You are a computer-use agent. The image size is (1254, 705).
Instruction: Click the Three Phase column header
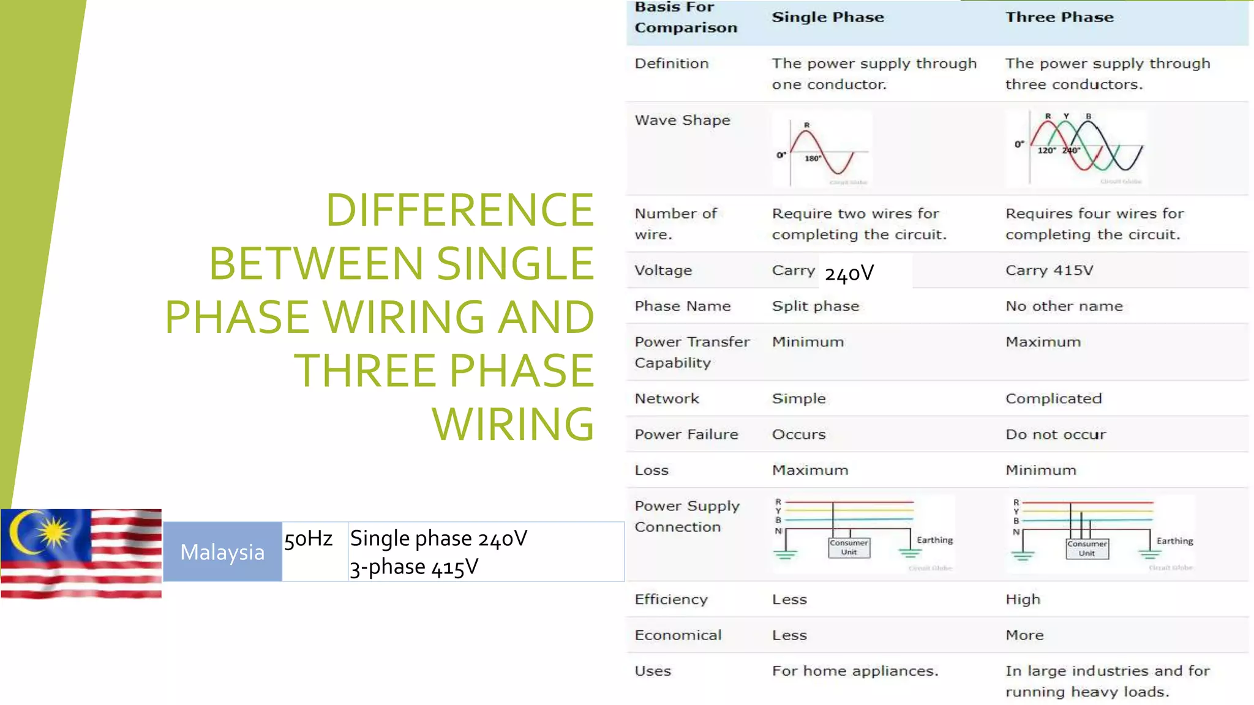[1059, 17]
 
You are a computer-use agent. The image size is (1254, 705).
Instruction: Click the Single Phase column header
[828, 17]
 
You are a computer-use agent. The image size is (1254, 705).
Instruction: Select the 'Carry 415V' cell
[1049, 270]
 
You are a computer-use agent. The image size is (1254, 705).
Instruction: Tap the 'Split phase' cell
[816, 306]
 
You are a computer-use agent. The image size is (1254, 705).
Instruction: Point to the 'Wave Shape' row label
[682, 121]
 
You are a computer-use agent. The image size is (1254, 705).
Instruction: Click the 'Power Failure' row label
[686, 435]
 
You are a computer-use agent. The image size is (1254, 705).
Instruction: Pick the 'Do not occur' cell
[1056, 435]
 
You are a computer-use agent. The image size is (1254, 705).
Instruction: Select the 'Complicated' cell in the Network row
[1053, 399]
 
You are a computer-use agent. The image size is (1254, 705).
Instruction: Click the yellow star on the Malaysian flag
[54, 531]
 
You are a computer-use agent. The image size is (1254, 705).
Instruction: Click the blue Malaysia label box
[222, 552]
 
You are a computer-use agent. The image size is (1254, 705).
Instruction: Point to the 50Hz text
[308, 539]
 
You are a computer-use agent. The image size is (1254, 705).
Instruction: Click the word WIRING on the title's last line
[513, 423]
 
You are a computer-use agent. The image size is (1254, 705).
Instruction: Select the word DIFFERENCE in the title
[459, 210]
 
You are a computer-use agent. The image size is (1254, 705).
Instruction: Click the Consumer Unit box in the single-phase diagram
[849, 548]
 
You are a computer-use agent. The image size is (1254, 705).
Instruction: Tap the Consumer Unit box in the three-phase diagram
[1087, 548]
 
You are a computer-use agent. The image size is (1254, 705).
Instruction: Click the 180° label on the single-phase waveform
[813, 159]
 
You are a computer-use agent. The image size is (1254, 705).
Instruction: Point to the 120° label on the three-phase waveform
[1046, 151]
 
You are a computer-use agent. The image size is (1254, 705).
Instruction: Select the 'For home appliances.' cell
[855, 671]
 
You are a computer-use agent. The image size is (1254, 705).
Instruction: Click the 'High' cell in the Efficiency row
[1023, 600]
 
